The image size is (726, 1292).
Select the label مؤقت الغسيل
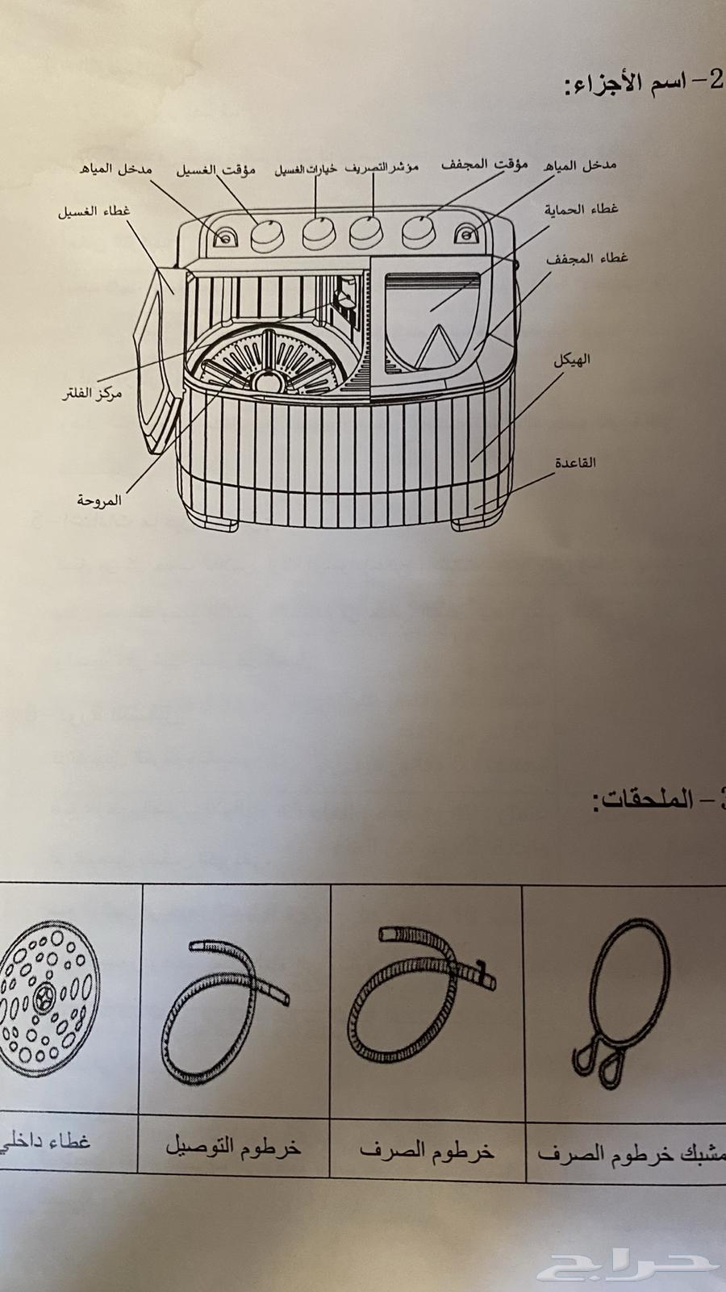(216, 170)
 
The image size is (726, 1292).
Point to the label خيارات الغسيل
(306, 170)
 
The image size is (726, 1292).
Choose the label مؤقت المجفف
(484, 165)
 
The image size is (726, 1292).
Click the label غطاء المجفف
(586, 259)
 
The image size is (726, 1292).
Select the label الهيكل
(572, 360)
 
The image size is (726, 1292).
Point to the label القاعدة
(575, 462)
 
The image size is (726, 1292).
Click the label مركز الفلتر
(93, 396)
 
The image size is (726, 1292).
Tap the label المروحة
(99, 500)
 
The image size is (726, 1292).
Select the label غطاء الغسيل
(94, 212)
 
